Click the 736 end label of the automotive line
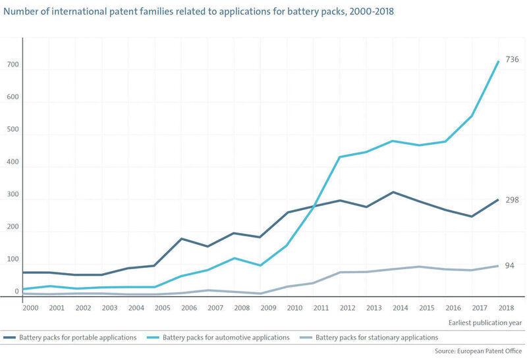click(512, 59)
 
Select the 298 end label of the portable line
click(512, 199)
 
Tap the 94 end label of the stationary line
click(509, 265)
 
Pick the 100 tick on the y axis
click(13, 259)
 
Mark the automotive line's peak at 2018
click(498, 61)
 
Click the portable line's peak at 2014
click(393, 192)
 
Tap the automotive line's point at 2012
click(339, 157)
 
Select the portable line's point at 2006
click(181, 239)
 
